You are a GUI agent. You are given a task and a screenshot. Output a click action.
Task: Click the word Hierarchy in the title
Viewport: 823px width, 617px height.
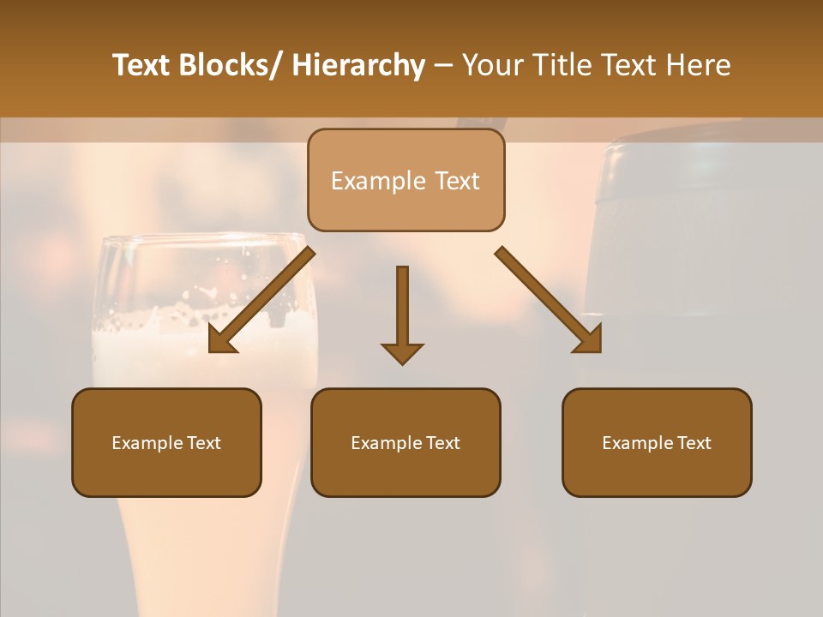[358, 65]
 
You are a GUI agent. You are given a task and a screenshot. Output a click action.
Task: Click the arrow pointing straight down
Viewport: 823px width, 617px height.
[402, 308]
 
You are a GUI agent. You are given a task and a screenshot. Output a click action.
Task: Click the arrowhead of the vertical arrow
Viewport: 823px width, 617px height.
[402, 352]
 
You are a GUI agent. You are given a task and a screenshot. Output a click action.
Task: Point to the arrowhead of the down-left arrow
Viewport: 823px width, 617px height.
[221, 340]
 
